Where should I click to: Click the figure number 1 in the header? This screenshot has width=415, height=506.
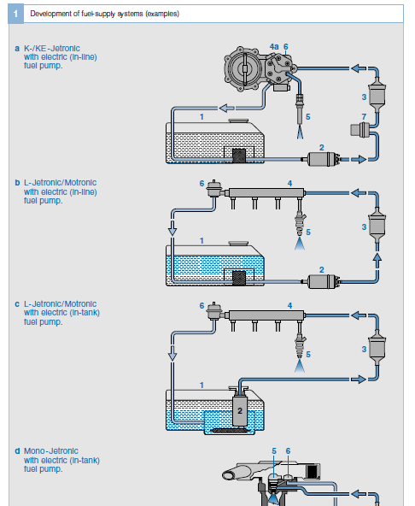pos(15,14)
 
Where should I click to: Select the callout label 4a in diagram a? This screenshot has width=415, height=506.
pos(274,47)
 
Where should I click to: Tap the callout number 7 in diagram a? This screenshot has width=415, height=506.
pos(364,116)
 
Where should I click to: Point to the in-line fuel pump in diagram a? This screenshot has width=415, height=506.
pos(321,159)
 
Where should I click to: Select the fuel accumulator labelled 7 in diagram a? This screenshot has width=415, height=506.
pos(360,130)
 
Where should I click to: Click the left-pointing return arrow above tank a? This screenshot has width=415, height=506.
pos(226,108)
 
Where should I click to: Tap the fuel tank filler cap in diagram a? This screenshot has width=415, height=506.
pos(238,121)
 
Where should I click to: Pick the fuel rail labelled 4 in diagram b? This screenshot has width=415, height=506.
pos(266,193)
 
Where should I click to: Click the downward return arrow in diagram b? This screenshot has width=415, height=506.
pos(172,227)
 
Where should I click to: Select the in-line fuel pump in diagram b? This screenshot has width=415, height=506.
pos(321,281)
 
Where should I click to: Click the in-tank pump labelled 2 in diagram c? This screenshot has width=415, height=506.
pos(240,410)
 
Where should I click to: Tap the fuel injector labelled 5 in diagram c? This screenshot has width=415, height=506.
pos(300,345)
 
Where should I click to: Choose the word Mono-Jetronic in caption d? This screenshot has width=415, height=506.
pos(51,450)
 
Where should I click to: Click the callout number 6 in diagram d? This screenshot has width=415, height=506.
pos(288,450)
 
